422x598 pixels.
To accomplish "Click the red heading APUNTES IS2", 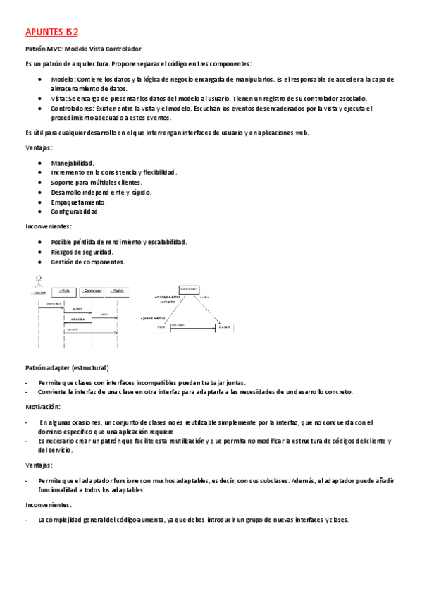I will click(x=52, y=32).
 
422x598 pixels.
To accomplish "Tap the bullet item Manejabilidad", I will click(x=73, y=163).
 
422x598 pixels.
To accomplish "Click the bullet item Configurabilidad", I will click(x=74, y=212).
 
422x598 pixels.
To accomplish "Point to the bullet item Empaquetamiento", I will click(x=78, y=202).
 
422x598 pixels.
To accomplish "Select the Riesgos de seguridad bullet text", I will click(x=82, y=252).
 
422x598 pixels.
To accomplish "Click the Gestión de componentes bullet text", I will click(x=88, y=262).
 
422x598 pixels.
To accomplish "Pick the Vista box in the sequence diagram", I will click(x=64, y=291).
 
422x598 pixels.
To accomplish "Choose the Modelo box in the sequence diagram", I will click(x=119, y=291).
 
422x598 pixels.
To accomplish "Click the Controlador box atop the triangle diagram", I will click(x=188, y=289).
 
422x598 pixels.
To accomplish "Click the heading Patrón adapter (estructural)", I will click(x=66, y=368).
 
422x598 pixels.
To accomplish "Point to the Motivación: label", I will click(x=42, y=407).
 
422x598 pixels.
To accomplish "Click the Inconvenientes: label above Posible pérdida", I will click(x=48, y=226).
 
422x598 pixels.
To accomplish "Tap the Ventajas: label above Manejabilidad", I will click(x=39, y=147).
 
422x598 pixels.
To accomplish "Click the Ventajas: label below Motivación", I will click(x=39, y=465).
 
